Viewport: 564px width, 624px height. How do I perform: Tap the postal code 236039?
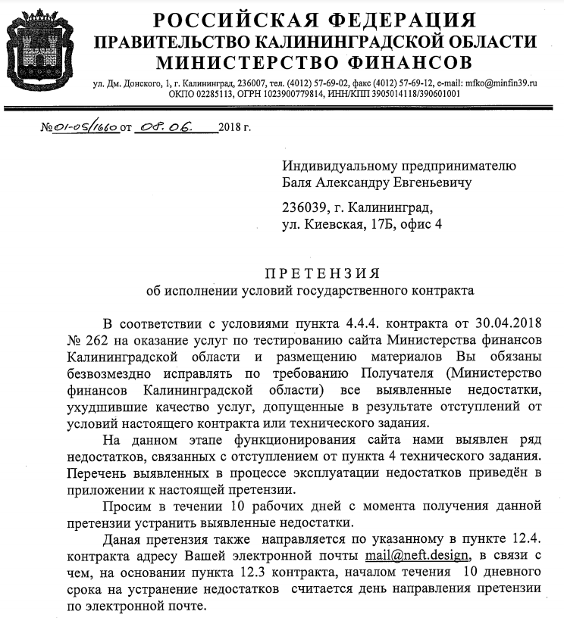tap(305, 207)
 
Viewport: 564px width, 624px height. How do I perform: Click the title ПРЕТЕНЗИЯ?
tap(322, 273)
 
